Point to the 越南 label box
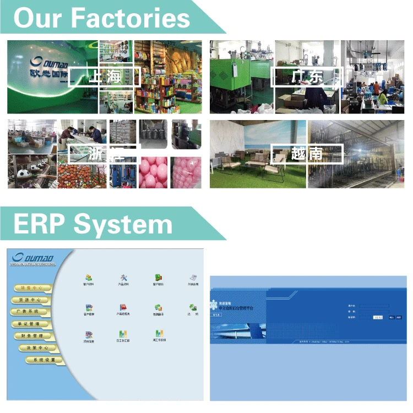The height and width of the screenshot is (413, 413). [x=307, y=153]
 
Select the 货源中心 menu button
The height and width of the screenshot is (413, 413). [x=30, y=300]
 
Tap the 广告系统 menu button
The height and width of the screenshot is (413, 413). [x=30, y=312]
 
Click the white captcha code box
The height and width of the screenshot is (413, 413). [x=378, y=317]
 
